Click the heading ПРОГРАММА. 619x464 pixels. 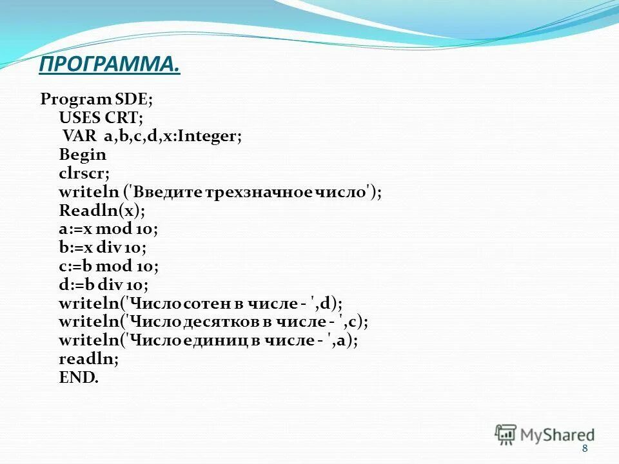(x=109, y=64)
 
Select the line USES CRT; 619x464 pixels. (x=101, y=119)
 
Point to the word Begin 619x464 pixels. (x=83, y=155)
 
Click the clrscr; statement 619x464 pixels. (x=84, y=174)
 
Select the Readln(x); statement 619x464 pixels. (x=102, y=211)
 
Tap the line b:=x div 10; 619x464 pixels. (x=103, y=248)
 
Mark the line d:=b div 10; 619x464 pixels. (x=103, y=285)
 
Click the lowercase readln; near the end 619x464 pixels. (x=88, y=359)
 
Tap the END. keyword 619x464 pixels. (x=79, y=378)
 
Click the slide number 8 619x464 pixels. (x=585, y=449)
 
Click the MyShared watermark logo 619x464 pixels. (x=545, y=434)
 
